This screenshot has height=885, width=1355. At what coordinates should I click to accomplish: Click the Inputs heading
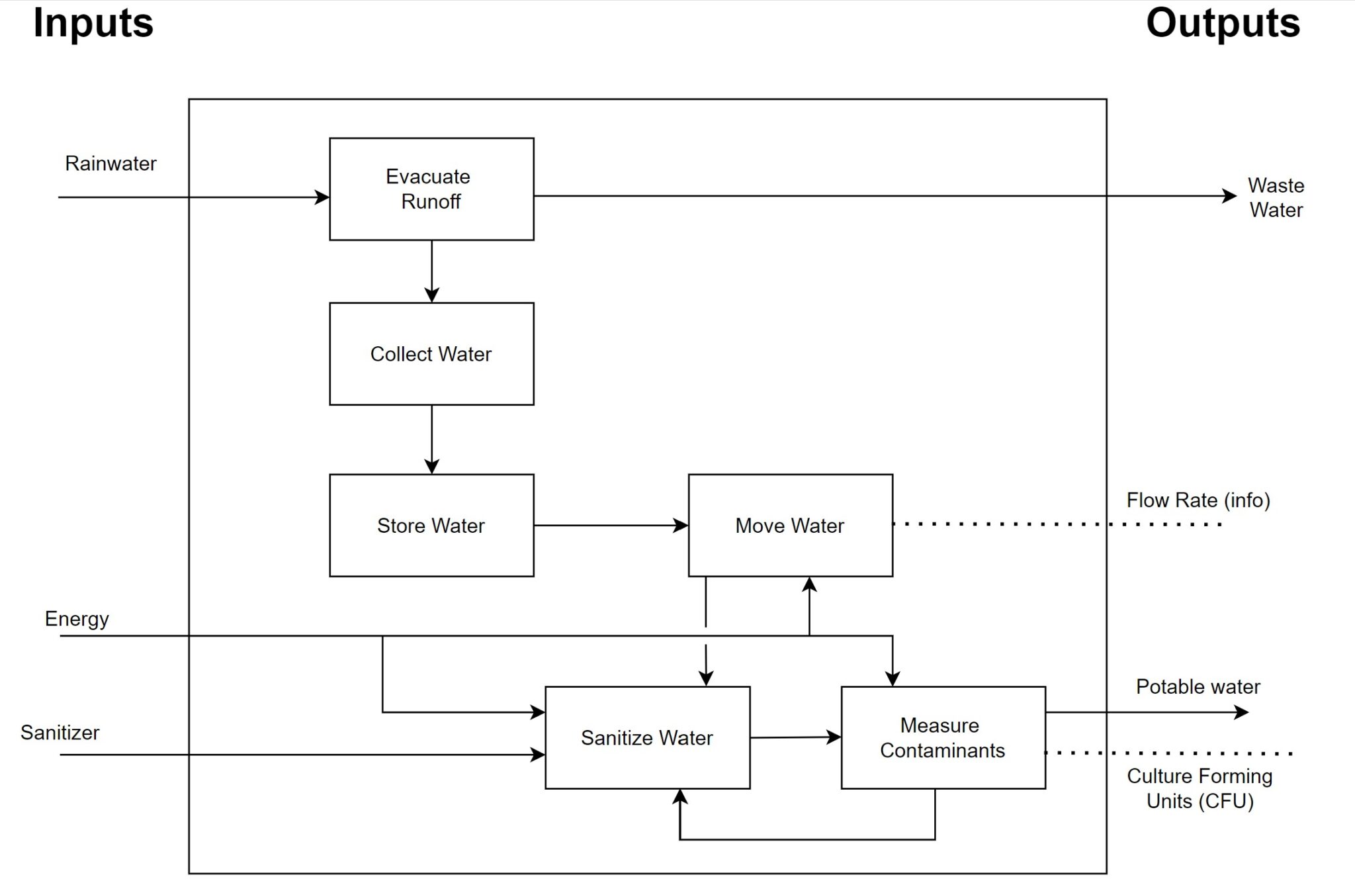[x=93, y=23]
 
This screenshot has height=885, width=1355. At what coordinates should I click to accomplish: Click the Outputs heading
[x=1223, y=23]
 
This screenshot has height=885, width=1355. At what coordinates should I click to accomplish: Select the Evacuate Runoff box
[x=431, y=189]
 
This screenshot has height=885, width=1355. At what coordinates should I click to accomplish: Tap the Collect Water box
[x=431, y=354]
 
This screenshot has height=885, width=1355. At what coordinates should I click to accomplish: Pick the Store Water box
[x=431, y=526]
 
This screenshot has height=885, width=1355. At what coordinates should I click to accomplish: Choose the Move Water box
[x=790, y=526]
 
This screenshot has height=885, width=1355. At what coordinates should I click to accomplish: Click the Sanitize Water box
[x=647, y=737]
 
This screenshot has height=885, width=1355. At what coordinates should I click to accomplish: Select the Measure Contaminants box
[x=943, y=737]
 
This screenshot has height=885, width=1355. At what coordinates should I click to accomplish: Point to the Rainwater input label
[x=110, y=163]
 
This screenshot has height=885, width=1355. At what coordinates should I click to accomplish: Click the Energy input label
[x=77, y=619]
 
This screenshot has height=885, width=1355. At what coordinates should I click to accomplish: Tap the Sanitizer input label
[x=60, y=733]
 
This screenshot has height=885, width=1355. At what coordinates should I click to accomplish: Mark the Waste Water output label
[x=1276, y=197]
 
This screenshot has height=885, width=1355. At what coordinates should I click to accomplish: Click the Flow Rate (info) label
[x=1198, y=500]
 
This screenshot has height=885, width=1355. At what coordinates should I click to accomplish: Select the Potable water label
[x=1198, y=687]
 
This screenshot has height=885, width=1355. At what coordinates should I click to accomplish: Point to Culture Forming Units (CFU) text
[x=1200, y=788]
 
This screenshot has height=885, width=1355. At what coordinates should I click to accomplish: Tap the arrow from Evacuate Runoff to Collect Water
[x=431, y=271]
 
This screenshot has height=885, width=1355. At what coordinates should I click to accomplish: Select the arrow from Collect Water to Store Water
[x=431, y=440]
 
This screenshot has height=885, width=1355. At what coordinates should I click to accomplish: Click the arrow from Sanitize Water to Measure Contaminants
[x=795, y=737]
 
